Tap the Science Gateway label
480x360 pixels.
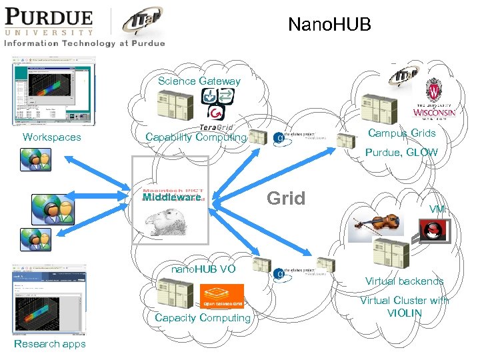(x=199, y=81)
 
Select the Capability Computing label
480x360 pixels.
(x=196, y=137)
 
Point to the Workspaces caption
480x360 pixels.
(x=52, y=137)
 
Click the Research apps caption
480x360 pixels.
(x=50, y=344)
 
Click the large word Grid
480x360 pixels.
(x=286, y=198)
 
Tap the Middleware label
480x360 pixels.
(x=171, y=198)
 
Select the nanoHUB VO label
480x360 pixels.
(x=203, y=269)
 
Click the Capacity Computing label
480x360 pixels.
(x=203, y=318)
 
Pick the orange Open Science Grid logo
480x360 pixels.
(x=222, y=297)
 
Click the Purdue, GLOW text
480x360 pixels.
(x=401, y=153)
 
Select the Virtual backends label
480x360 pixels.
(x=404, y=281)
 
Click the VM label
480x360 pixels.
(x=437, y=209)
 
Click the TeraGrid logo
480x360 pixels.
(x=215, y=127)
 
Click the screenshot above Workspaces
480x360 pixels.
(x=53, y=91)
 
